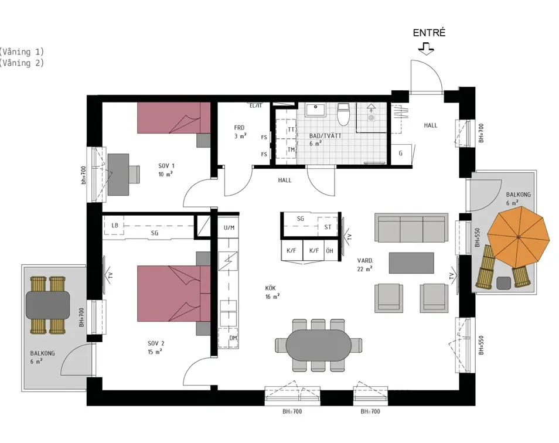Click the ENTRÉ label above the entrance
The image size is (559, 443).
tap(429, 33)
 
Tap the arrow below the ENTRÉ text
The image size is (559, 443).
tap(426, 49)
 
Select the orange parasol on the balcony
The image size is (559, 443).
tap(519, 237)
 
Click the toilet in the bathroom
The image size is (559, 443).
tap(344, 114)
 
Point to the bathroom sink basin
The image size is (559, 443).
tap(315, 110)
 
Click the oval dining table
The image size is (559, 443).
tap(319, 345)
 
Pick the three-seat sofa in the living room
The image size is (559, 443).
tap(411, 228)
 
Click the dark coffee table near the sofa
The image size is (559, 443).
tap(411, 263)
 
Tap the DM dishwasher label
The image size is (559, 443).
tap(233, 338)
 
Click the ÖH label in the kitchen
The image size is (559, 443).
tap(329, 251)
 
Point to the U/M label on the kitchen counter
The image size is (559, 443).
tap(229, 227)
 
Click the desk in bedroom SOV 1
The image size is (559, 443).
tap(118, 175)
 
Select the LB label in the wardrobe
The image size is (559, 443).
tap(114, 225)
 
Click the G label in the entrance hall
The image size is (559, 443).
tap(401, 154)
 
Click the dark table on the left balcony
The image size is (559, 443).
tap(48, 305)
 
